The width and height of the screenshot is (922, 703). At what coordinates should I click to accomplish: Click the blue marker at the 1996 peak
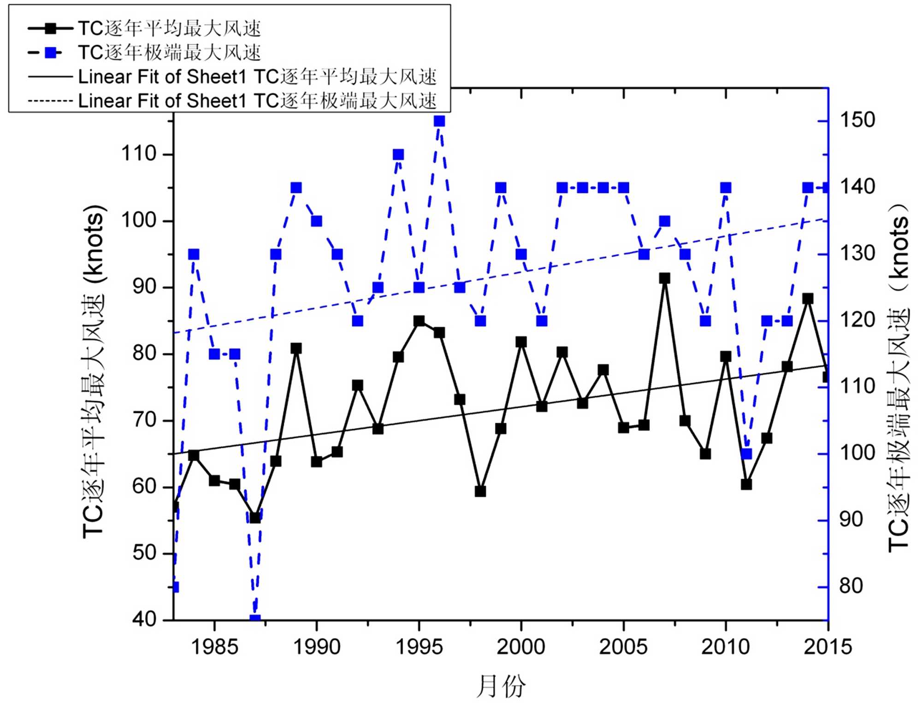[439, 121]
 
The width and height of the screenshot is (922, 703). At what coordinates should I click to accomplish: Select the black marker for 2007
[664, 278]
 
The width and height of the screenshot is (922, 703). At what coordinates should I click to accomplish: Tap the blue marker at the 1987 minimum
[255, 619]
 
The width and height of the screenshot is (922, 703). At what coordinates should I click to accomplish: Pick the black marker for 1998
[480, 491]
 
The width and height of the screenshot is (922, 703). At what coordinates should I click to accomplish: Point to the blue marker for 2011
[746, 454]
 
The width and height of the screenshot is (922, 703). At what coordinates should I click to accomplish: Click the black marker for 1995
[419, 321]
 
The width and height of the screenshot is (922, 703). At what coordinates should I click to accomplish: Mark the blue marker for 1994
[398, 154]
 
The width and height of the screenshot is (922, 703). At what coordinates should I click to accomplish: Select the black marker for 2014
[808, 299]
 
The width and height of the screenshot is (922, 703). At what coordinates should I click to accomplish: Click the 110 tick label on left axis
[139, 154]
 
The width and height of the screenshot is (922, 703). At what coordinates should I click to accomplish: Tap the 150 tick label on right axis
[857, 120]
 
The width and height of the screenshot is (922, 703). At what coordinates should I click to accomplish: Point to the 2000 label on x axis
[521, 647]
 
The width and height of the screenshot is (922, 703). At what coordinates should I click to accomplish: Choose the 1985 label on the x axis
[214, 647]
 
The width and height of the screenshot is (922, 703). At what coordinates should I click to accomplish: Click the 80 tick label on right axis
[851, 586]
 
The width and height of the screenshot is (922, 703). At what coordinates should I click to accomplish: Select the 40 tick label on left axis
[145, 619]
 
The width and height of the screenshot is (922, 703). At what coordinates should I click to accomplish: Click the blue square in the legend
[51, 53]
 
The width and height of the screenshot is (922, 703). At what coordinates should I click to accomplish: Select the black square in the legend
[51, 29]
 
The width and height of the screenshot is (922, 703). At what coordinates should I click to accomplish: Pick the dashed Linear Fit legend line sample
[50, 100]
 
